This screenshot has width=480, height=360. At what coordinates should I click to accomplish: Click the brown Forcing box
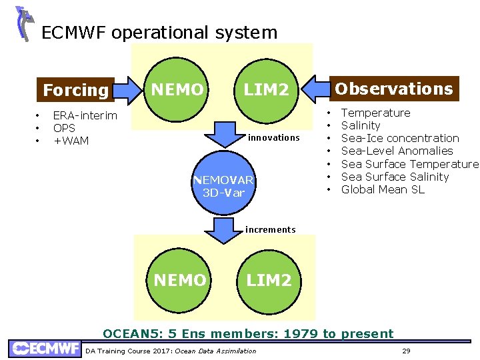(x=75, y=90)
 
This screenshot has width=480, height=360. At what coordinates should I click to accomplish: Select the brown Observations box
(x=393, y=89)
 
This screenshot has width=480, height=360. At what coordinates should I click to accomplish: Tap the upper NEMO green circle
(x=177, y=89)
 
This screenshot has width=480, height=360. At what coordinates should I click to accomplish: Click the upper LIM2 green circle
(x=265, y=89)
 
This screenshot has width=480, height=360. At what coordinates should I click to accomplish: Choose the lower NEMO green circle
(x=179, y=280)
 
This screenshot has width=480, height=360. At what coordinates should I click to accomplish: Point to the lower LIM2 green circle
(x=269, y=280)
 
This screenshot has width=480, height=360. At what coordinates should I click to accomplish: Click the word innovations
(x=273, y=137)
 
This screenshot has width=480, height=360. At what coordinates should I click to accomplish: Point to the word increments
(x=270, y=229)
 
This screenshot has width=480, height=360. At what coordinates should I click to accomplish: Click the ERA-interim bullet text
(x=85, y=115)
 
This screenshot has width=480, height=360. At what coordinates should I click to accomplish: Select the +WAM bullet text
(x=71, y=141)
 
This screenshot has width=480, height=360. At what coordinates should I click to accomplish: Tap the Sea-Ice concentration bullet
(x=400, y=138)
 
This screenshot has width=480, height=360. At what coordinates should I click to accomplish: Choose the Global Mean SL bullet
(x=383, y=189)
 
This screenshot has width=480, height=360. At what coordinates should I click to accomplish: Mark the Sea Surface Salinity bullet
(x=395, y=177)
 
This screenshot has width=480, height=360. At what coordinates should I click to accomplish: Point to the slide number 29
(x=406, y=351)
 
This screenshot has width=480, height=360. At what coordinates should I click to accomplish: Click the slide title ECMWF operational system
(x=159, y=32)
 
